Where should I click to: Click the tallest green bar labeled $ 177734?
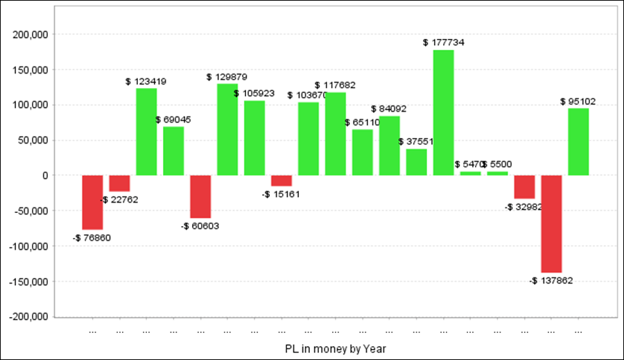click(444, 112)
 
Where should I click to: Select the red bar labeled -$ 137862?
click(552, 223)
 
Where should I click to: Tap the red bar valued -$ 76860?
click(92, 202)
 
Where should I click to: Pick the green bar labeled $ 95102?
click(578, 142)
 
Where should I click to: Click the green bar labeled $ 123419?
click(146, 132)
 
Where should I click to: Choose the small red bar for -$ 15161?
click(281, 180)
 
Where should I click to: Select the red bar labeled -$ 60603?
click(200, 196)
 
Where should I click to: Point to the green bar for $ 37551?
click(417, 162)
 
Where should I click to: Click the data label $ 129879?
click(227, 77)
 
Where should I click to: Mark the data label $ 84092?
click(389, 109)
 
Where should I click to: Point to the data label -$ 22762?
click(119, 200)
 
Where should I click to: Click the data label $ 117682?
click(336, 85)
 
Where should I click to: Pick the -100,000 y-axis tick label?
click(30, 246)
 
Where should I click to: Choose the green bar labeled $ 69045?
click(173, 151)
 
